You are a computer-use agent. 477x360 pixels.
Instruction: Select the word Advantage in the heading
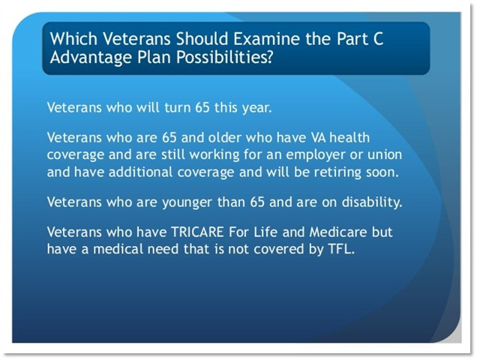click(91, 58)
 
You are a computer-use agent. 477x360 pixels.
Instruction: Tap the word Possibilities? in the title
click(224, 57)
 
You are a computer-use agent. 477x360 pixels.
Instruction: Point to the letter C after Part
click(377, 39)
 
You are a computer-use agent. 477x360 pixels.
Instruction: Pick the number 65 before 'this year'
click(202, 107)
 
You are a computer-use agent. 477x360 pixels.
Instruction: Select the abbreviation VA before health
click(318, 138)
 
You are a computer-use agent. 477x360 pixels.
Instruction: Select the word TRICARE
click(197, 232)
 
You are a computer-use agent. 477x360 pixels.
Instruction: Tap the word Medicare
click(338, 232)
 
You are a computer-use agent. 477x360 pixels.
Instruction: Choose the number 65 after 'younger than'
click(257, 202)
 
